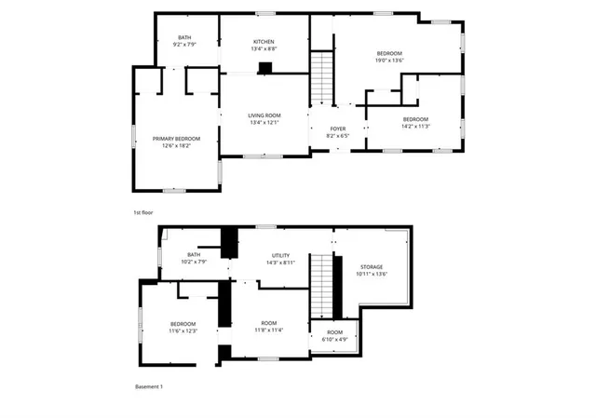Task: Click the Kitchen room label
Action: point(264,42)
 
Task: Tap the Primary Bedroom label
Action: point(176,139)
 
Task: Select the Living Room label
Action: point(264,115)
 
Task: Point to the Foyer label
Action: point(337,128)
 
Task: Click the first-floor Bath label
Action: point(184,37)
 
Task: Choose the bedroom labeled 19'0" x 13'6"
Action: point(389,58)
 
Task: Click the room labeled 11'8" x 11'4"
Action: point(269,327)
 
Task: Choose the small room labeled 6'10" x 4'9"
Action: point(334,336)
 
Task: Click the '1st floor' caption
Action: point(142,212)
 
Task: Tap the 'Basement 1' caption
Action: point(149,386)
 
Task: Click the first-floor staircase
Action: point(321,78)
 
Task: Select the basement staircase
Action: point(322,288)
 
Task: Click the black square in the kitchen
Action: point(265,67)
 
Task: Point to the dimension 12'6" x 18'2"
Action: point(176,145)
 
